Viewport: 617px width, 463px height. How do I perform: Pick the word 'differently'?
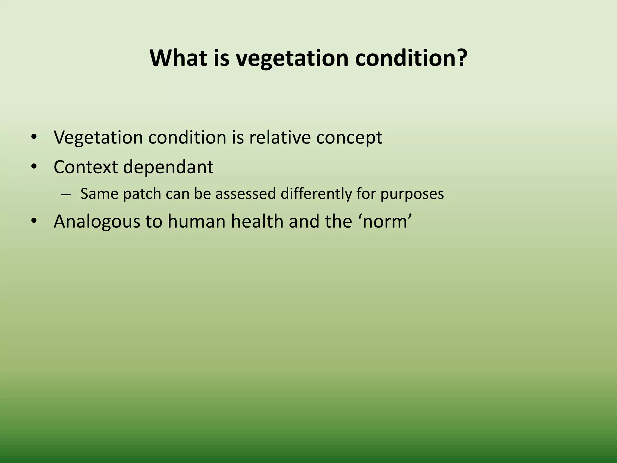point(316,194)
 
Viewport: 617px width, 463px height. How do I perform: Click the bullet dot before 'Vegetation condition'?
point(34,137)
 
